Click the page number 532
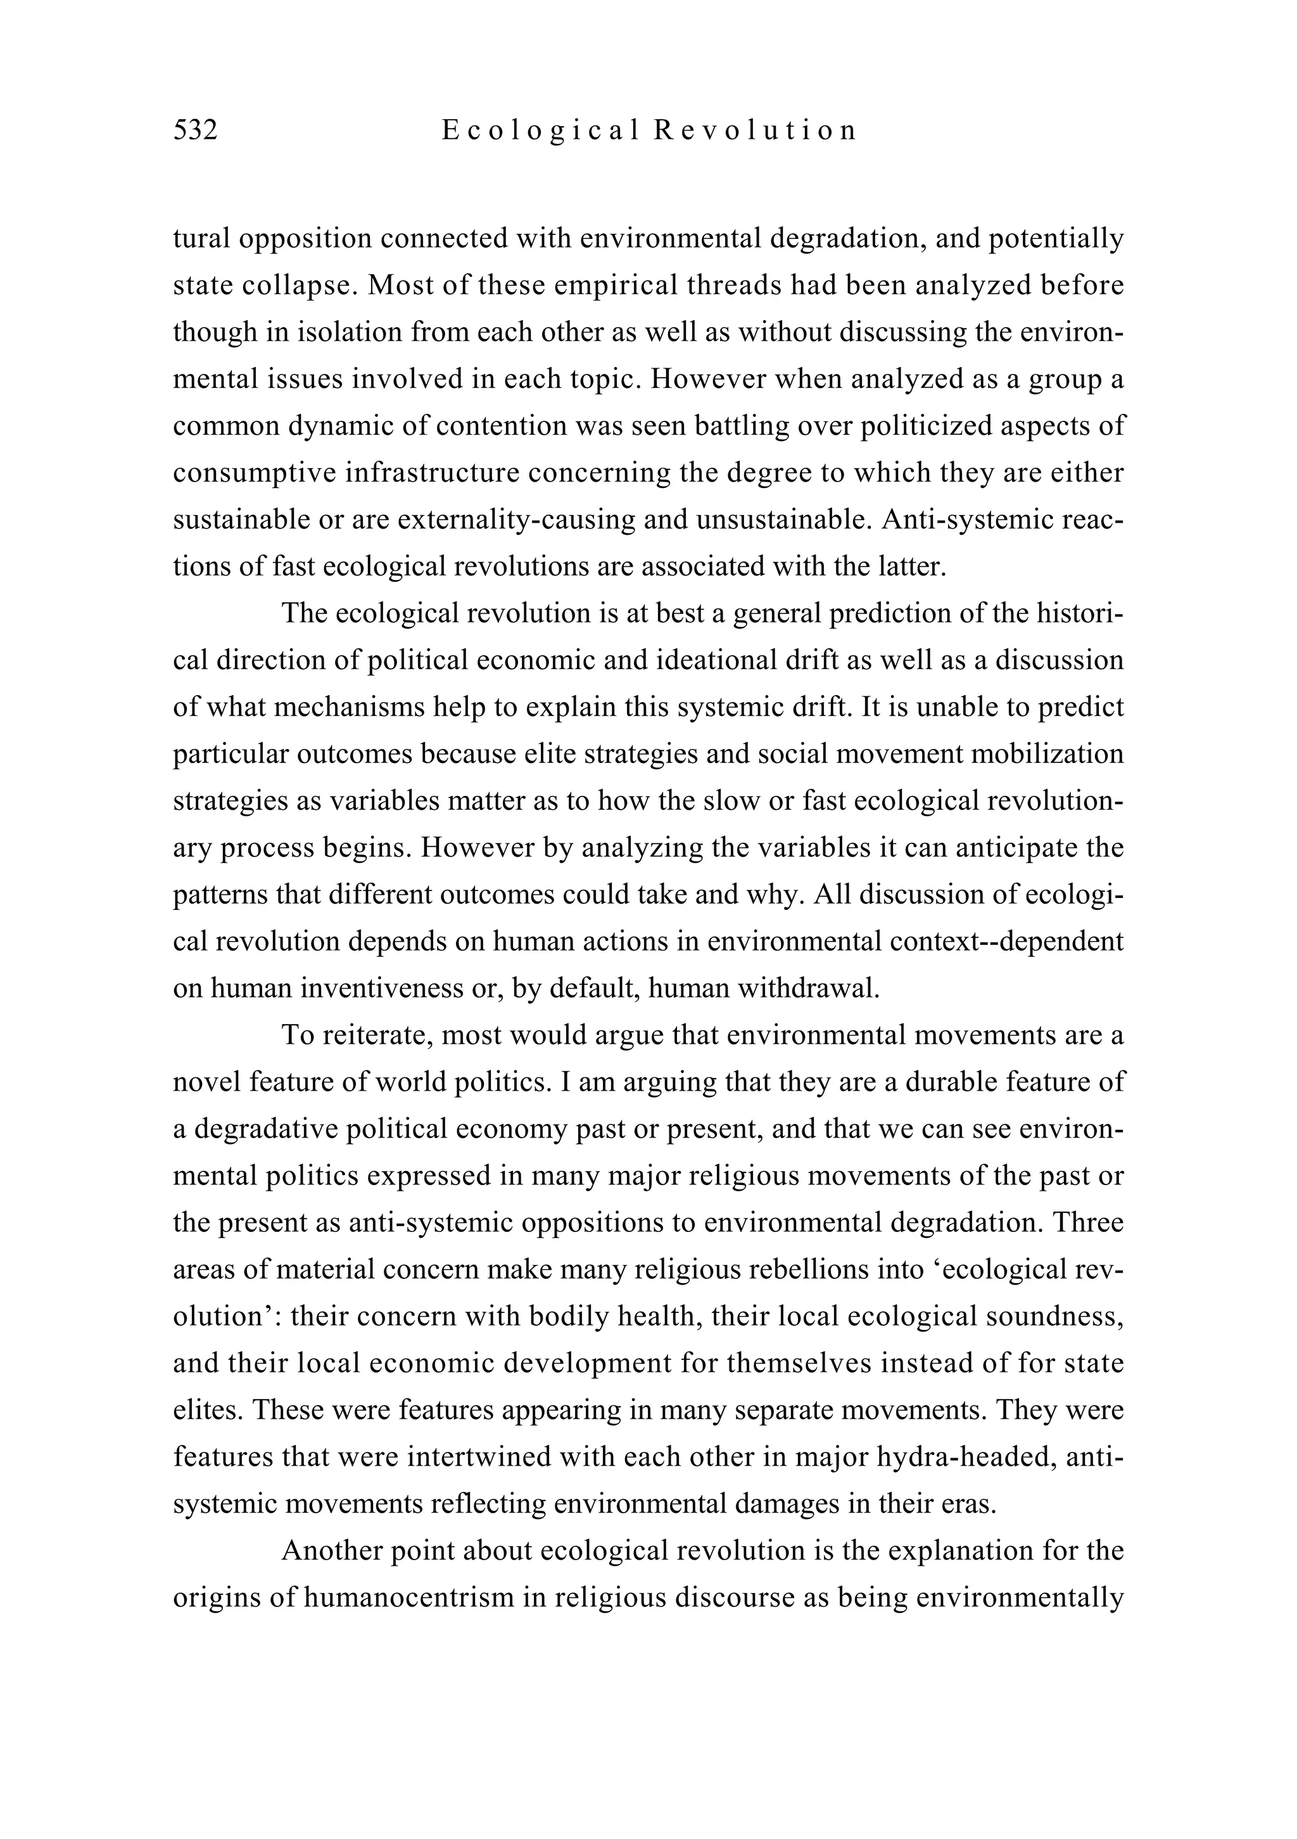pyautogui.click(x=195, y=130)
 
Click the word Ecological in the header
pyautogui.click(x=541, y=130)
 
